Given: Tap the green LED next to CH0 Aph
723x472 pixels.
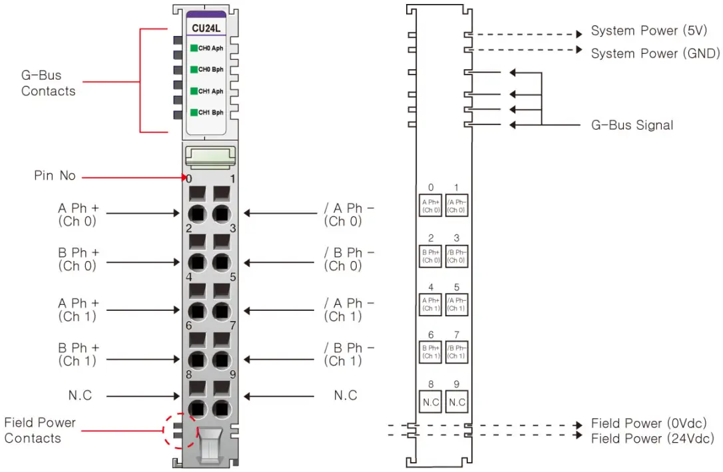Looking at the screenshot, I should [x=194, y=48].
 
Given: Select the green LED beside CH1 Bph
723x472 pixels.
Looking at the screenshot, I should [x=194, y=113].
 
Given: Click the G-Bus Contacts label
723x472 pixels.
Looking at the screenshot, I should [x=48, y=83].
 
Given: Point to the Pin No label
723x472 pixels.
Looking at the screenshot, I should [x=55, y=176].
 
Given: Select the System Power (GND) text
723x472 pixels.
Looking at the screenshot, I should [x=655, y=53].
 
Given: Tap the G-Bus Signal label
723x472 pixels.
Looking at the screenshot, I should [x=632, y=125].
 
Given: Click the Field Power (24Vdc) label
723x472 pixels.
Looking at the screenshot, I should [x=652, y=438].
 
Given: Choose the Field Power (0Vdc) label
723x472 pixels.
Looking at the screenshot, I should [x=648, y=423].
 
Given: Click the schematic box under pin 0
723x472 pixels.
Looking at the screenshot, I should [x=431, y=206].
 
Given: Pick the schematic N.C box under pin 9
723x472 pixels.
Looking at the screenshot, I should [x=456, y=402].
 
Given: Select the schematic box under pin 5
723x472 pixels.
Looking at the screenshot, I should [x=456, y=304].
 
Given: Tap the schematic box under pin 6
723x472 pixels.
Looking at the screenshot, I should [x=431, y=352].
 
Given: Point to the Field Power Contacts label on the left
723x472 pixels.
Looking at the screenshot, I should [x=40, y=430].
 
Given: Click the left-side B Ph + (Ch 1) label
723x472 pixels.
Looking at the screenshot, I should [x=77, y=354].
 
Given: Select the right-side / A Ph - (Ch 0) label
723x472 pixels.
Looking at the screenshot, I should [x=349, y=215].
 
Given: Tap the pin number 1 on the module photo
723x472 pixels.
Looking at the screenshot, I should [x=232, y=178].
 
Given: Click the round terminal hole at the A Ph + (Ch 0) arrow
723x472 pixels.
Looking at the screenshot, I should [x=196, y=214].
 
